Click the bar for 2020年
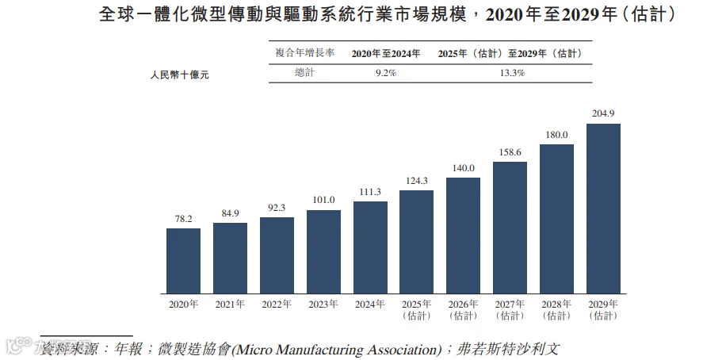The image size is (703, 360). [183, 261]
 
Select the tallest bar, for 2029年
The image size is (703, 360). [603, 209]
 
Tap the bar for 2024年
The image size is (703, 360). [370, 247]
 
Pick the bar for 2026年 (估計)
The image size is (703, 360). [463, 236]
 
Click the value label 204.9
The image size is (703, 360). [603, 113]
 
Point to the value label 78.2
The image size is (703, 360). [183, 219]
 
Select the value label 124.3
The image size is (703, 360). [417, 181]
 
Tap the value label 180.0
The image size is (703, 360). [556, 135]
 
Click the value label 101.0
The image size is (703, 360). [323, 200]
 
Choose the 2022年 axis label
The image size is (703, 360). [277, 304]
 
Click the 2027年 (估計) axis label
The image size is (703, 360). [510, 310]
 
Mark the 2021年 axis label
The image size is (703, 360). [230, 304]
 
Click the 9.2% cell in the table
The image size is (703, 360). [385, 73]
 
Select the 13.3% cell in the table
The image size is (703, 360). [512, 73]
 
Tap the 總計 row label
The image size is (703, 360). [304, 73]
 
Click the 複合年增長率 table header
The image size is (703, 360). [305, 53]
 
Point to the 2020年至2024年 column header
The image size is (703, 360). [385, 54]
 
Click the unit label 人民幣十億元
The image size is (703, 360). [179, 75]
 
